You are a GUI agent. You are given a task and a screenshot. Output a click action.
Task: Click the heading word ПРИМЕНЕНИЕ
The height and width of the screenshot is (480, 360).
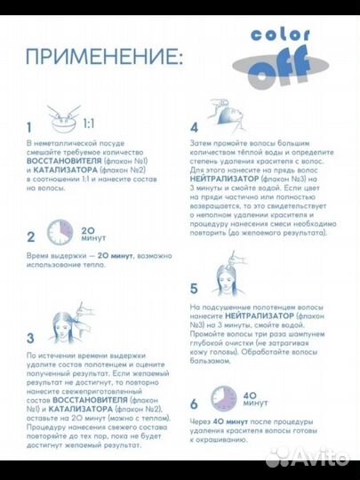point(101,57)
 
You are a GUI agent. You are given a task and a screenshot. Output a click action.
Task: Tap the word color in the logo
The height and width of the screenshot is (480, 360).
point(280,35)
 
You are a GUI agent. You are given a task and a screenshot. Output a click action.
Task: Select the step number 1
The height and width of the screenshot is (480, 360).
point(29,127)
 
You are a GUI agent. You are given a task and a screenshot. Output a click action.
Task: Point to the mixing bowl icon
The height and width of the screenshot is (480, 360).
point(64,119)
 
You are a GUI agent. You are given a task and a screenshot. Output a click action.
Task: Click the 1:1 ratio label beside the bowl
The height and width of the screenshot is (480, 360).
point(89,124)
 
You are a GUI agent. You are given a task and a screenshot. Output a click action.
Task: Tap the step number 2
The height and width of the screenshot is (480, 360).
point(30,237)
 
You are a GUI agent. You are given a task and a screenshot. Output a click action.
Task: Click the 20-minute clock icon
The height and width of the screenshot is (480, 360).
point(60,232)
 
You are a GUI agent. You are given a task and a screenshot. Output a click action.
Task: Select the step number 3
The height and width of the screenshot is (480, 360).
point(30,339)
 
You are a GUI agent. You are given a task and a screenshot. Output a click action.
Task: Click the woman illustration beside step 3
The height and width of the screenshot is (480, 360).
point(71,323)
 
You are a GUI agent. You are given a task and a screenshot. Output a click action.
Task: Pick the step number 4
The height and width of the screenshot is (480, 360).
point(194,128)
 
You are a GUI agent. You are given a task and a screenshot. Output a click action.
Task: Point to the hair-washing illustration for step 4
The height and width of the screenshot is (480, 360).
point(228,115)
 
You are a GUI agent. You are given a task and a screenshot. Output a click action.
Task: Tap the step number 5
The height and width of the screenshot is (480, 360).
point(194,289)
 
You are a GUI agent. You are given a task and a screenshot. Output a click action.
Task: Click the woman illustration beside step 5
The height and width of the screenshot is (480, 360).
point(229,274)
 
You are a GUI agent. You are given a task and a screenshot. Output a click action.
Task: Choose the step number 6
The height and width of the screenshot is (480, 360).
point(194,404)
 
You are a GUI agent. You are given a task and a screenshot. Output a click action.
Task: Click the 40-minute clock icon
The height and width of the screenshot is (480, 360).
point(224,398)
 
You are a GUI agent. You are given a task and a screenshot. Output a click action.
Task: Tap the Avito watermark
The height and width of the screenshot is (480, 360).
point(307,458)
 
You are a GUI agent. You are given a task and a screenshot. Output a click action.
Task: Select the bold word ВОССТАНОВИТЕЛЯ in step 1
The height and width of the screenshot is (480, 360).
point(64,161)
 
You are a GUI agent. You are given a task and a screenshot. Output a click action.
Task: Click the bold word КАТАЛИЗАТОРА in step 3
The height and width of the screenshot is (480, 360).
point(81,409)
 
